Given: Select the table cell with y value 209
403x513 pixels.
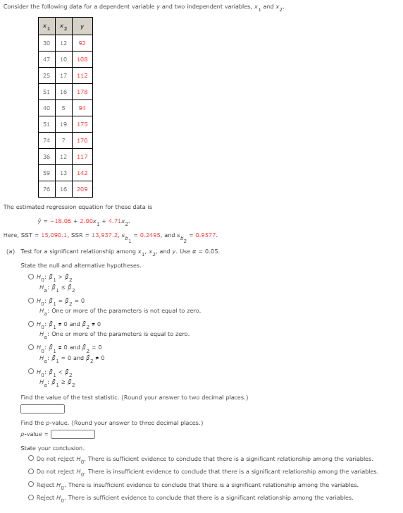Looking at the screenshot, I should tap(82, 190).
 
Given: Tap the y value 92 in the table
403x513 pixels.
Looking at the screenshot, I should tap(82, 43).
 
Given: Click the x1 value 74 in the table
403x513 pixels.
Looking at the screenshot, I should tap(46, 140).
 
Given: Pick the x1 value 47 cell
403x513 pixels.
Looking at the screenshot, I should tap(46, 60).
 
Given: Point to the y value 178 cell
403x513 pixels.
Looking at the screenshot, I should tap(82, 92).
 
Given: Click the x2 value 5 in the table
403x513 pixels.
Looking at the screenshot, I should tap(63, 108).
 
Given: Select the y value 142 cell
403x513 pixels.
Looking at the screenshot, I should tap(82, 173).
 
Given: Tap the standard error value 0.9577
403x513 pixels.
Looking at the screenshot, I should tap(206, 235).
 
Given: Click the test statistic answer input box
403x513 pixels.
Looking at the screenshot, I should tap(43, 408).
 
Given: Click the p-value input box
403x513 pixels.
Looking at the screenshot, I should tap(73, 434).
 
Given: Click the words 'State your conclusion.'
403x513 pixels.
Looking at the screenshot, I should tap(52, 448).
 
